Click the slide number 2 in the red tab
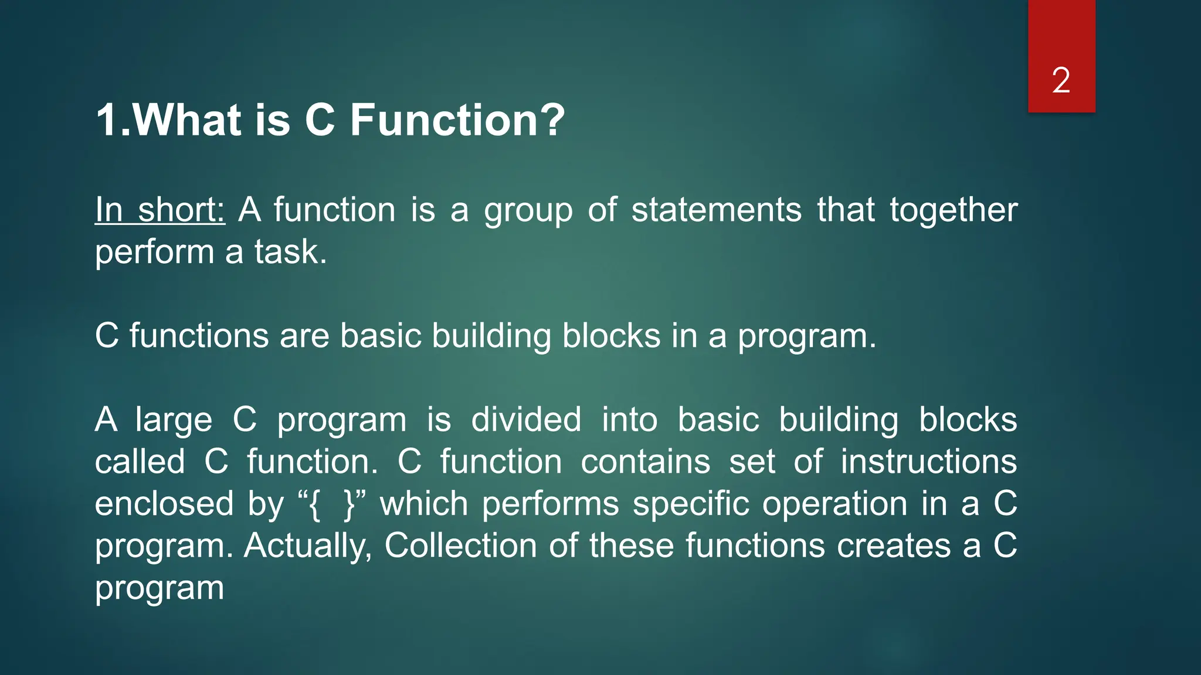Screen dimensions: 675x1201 click(x=1061, y=80)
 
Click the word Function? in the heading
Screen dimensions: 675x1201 click(x=457, y=120)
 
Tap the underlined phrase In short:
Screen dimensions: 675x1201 click(x=160, y=210)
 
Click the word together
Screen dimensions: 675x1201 click(x=954, y=211)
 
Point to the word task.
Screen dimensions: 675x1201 click(x=290, y=252)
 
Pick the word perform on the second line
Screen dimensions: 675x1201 click(x=155, y=253)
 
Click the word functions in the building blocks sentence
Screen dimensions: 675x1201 click(x=199, y=336)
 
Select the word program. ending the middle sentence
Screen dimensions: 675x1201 click(x=807, y=337)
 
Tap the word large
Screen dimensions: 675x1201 click(x=174, y=421)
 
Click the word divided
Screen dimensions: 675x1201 click(x=526, y=420)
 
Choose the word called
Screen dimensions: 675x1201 click(x=140, y=461)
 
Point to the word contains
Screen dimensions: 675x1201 click(x=645, y=461)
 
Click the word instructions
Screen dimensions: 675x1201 click(x=929, y=461)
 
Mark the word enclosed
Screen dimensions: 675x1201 click(x=164, y=503)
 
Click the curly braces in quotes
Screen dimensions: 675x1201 click(x=332, y=504)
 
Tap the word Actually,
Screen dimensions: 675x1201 click(x=308, y=546)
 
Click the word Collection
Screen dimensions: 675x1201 click(x=460, y=546)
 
